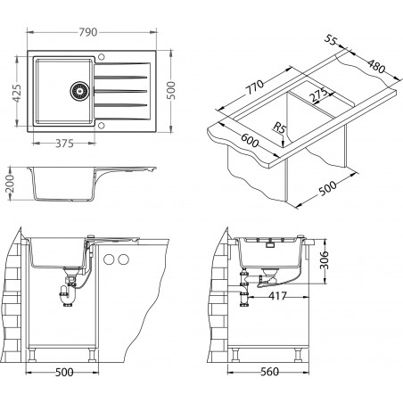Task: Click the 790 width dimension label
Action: (88, 32)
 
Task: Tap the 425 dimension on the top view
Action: (17, 94)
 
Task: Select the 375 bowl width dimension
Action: (64, 144)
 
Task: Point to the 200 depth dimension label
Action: (10, 184)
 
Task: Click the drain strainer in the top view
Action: (79, 91)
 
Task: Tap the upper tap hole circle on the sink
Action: (101, 56)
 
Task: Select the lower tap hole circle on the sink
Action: (101, 126)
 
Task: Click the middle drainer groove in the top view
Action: (121, 91)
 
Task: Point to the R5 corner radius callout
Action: (279, 128)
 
